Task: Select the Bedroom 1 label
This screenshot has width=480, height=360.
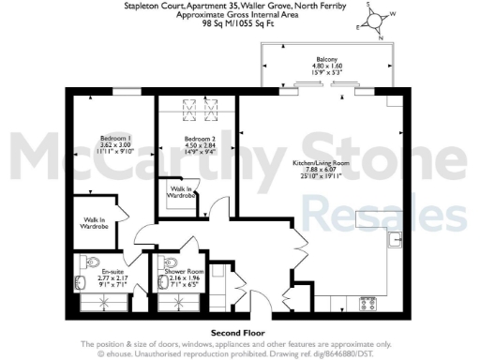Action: pos(116,138)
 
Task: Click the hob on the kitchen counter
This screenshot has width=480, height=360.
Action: pos(367,303)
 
